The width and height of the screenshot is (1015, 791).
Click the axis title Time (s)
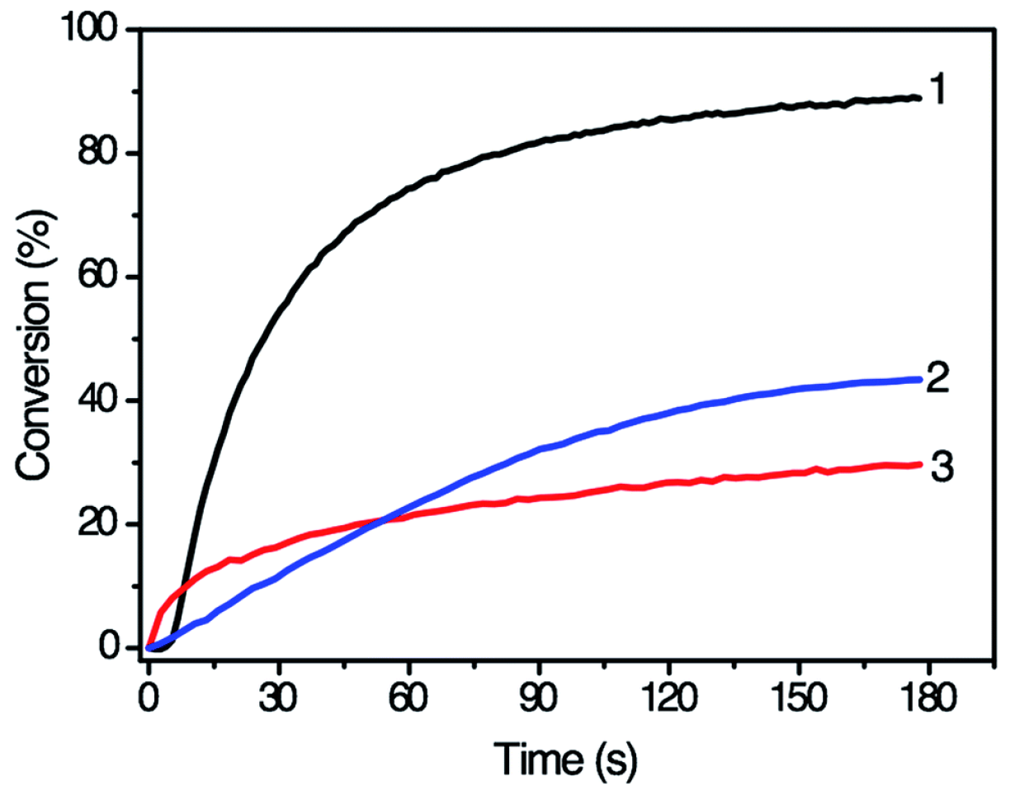click(x=565, y=752)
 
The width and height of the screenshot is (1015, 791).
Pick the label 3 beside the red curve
click(x=941, y=467)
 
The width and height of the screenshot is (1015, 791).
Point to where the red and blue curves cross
click(x=380, y=520)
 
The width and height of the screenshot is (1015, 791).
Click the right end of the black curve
click(x=918, y=98)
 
